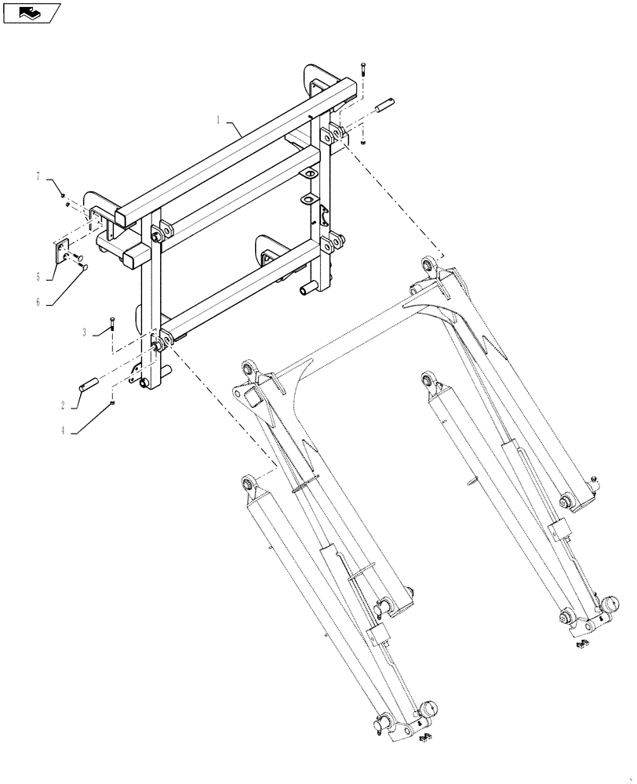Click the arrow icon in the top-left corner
(31, 12)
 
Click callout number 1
(218, 120)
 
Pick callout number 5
(38, 277)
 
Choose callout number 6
(37, 301)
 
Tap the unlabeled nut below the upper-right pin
(363, 142)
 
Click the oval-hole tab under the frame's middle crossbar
(309, 175)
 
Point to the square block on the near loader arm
(252, 401)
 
